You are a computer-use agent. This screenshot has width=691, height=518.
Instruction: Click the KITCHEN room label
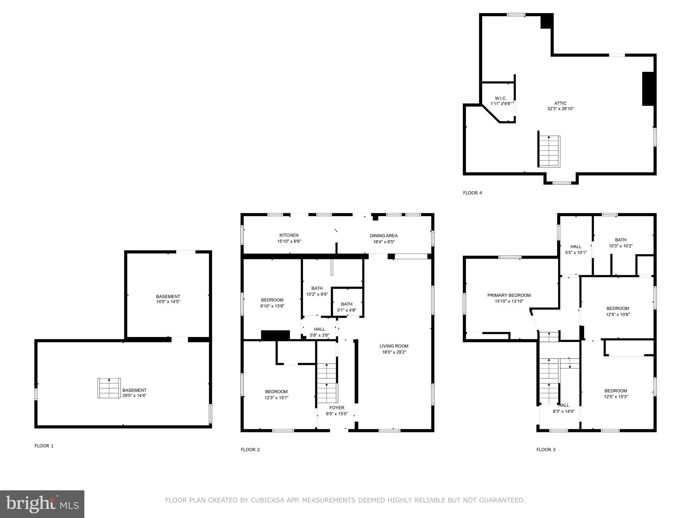(x=288, y=235)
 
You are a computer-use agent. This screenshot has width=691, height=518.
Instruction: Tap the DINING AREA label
(x=384, y=236)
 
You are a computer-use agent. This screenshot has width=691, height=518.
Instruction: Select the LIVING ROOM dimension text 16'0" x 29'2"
(x=394, y=352)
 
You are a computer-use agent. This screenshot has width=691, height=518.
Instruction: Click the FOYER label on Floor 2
(x=337, y=408)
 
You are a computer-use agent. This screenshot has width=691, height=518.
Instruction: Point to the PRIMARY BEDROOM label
(x=509, y=295)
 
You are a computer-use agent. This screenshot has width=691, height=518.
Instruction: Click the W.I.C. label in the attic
(x=501, y=98)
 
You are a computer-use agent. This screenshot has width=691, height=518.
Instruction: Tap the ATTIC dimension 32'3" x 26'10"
(x=560, y=109)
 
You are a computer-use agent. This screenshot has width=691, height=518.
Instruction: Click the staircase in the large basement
(x=109, y=388)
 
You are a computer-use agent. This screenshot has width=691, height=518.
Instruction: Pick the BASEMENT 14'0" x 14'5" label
(x=168, y=299)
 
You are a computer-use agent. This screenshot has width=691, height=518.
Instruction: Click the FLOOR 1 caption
(x=44, y=446)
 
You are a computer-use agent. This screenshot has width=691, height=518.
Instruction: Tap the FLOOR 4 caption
(x=472, y=193)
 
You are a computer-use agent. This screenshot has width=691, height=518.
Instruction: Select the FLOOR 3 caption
(x=546, y=450)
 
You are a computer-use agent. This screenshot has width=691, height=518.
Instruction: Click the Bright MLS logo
(x=42, y=504)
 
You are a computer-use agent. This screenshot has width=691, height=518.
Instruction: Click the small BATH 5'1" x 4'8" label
(x=347, y=307)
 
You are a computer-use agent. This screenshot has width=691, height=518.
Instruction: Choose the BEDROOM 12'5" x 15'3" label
(x=616, y=394)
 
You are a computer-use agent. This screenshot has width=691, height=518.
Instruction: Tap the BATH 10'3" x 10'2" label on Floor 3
(x=620, y=243)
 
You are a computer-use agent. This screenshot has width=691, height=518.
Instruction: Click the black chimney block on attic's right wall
(x=648, y=89)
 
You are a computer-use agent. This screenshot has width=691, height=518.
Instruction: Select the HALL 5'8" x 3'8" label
(x=319, y=332)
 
